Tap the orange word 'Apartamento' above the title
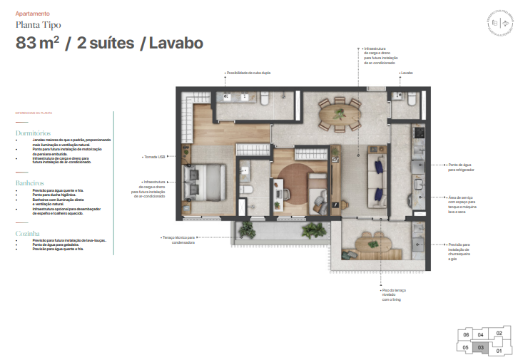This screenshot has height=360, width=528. tap(33, 13)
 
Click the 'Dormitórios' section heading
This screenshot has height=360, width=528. tap(34, 133)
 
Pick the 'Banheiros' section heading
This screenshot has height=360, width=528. tap(31, 183)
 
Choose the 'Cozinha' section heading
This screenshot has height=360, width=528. tap(28, 233)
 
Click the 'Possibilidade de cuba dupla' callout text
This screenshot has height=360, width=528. tap(248, 73)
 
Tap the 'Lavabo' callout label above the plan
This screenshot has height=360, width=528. tap(407, 73)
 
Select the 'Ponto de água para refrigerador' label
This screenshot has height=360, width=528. tap(460, 168)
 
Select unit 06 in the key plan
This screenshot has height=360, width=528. tap(466, 334)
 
